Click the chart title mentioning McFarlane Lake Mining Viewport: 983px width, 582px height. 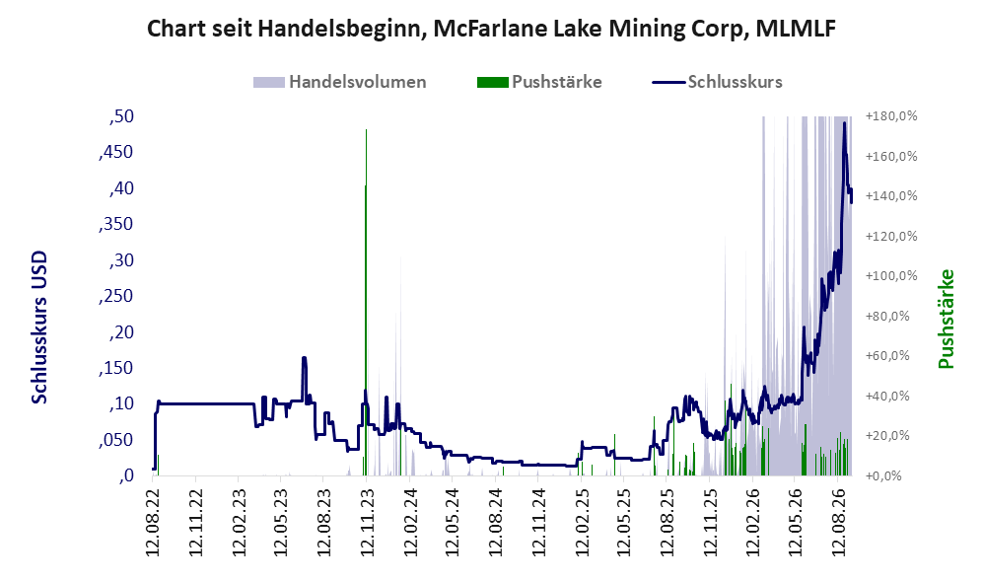pyautogui.click(x=491, y=29)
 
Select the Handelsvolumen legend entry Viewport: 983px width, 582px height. pyautogui.click(x=339, y=82)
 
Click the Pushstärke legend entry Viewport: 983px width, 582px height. pyautogui.click(x=539, y=82)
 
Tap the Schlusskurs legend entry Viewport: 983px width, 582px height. pyautogui.click(x=717, y=82)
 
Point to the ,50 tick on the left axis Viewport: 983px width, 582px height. pyautogui.click(x=121, y=116)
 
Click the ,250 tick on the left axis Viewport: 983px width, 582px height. pyautogui.click(x=116, y=295)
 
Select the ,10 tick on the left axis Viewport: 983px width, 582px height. pyautogui.click(x=121, y=403)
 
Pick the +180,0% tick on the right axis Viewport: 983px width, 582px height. pyautogui.click(x=891, y=116)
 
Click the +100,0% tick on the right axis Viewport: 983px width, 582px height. pyautogui.click(x=891, y=276)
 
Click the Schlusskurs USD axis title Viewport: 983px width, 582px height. pyautogui.click(x=38, y=327)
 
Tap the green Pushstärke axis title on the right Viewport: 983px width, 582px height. pyautogui.click(x=946, y=319)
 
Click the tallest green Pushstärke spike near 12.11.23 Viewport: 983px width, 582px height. pyautogui.click(x=366, y=302)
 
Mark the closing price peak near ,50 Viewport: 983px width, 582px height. pyautogui.click(x=844, y=123)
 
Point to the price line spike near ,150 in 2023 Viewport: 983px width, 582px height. pyautogui.click(x=304, y=358)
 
